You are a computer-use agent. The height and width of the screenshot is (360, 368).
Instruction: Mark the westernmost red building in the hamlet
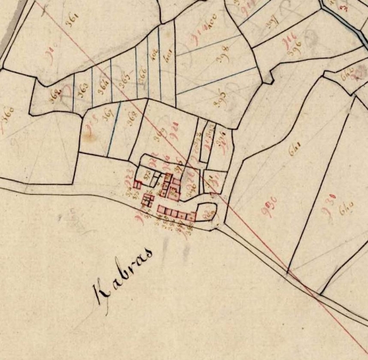pos(138,184)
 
